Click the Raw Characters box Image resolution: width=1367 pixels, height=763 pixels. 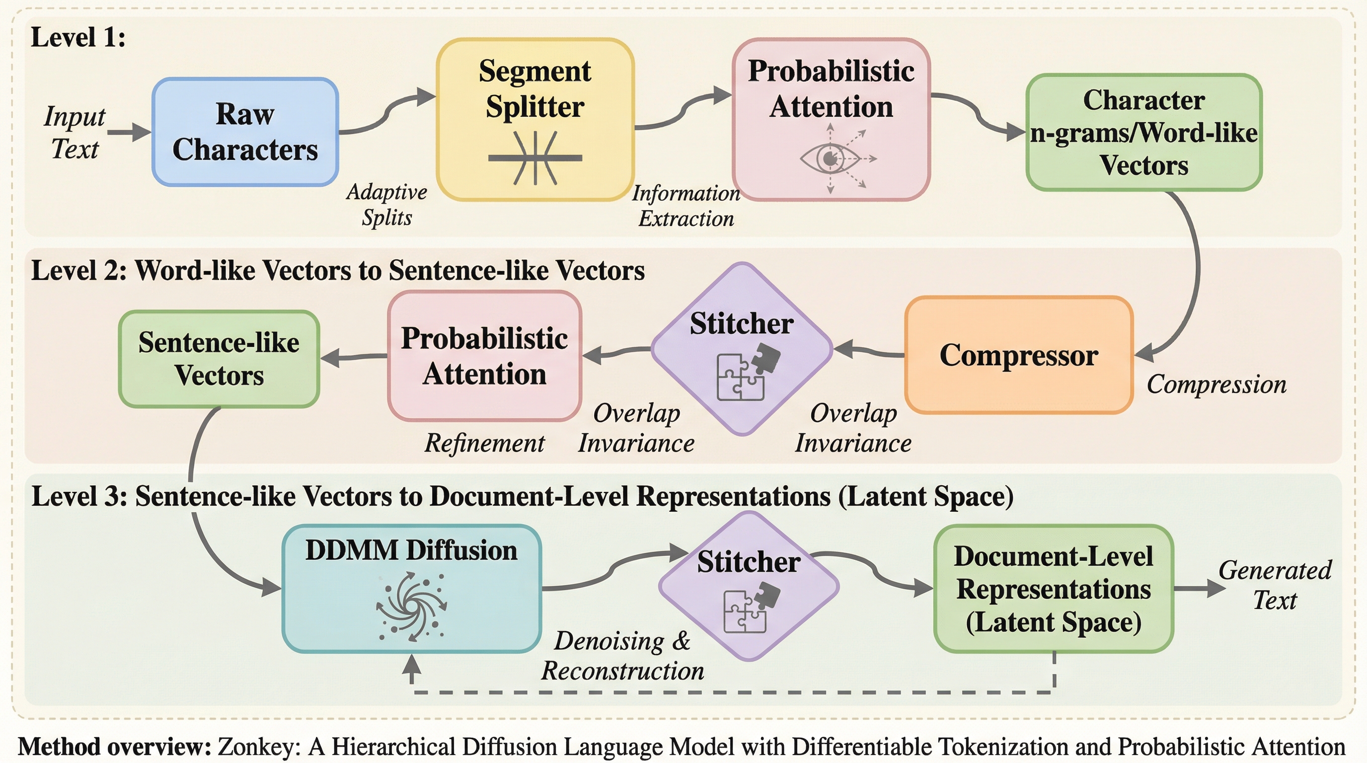[x=245, y=132]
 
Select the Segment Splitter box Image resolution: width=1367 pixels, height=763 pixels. [x=535, y=119]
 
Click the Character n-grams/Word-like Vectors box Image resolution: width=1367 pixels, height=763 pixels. [x=1143, y=132]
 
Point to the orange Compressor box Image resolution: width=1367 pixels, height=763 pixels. [x=1018, y=355]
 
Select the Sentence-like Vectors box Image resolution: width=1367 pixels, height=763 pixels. [x=219, y=359]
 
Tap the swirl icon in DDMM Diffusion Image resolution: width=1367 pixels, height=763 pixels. [x=411, y=606]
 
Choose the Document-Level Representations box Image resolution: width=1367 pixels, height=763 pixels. [x=1054, y=589]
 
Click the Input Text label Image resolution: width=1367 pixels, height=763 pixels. [x=75, y=132]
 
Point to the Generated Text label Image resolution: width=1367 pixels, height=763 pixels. [x=1275, y=585]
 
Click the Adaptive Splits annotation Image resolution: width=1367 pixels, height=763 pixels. [x=387, y=205]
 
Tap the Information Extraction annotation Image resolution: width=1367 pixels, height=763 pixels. [x=685, y=206]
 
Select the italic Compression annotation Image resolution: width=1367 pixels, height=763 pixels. [x=1216, y=384]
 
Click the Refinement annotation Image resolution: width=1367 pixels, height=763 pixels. [x=484, y=443]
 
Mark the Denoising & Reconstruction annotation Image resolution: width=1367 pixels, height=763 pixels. [x=622, y=656]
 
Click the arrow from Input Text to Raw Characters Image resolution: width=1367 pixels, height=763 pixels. [x=129, y=132]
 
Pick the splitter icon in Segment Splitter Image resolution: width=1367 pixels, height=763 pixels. [x=535, y=158]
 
